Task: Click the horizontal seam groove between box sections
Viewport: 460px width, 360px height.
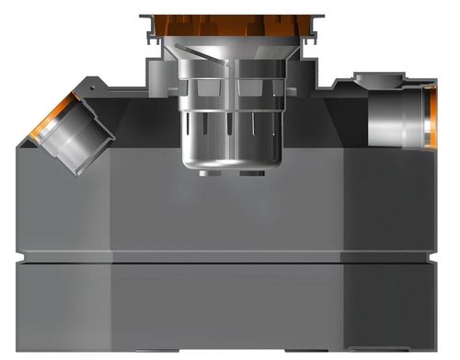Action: pyautogui.click(x=230, y=260)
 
